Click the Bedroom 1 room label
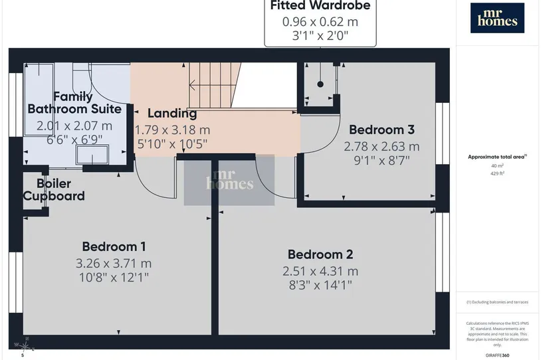pyautogui.click(x=114, y=246)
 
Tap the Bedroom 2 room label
pyautogui.click(x=320, y=254)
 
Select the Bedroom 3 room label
pyautogui.click(x=381, y=130)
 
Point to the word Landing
pyautogui.click(x=172, y=114)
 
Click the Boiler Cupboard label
pyautogui.click(x=54, y=190)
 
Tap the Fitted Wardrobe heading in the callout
pyautogui.click(x=320, y=5)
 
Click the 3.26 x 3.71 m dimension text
pyautogui.click(x=114, y=264)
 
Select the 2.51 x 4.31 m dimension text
pyautogui.click(x=320, y=272)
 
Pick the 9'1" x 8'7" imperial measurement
pyautogui.click(x=381, y=160)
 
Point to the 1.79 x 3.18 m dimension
pyautogui.click(x=172, y=130)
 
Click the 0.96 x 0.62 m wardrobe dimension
pyautogui.click(x=320, y=22)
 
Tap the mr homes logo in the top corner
pyautogui.click(x=497, y=18)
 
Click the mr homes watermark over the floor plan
pyautogui.click(x=229, y=180)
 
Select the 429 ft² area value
pyautogui.click(x=497, y=173)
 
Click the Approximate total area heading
pyautogui.click(x=497, y=157)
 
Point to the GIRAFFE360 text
pyautogui.click(x=497, y=355)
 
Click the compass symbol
pyautogui.click(x=23, y=346)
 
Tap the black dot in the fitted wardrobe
pyautogui.click(x=320, y=84)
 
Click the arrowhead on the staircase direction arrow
pyautogui.click(x=192, y=85)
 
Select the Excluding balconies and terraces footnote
pyautogui.click(x=497, y=302)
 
